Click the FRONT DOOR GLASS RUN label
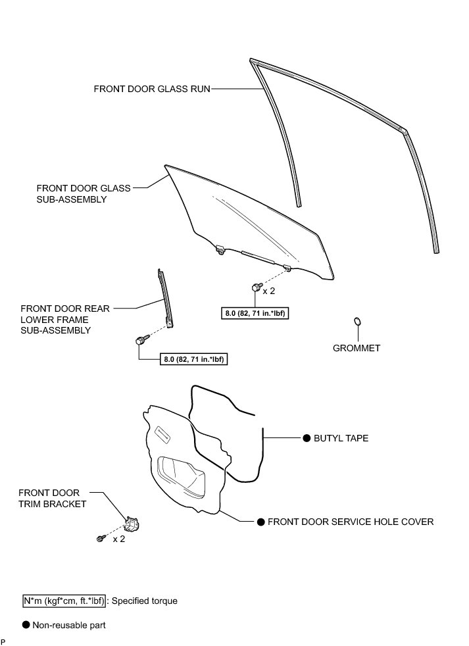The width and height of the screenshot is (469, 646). pyautogui.click(x=152, y=88)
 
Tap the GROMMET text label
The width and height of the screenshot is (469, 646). pyautogui.click(x=357, y=348)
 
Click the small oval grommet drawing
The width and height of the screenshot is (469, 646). pyautogui.click(x=357, y=321)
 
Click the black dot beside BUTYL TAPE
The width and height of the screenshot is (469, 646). pyautogui.click(x=307, y=437)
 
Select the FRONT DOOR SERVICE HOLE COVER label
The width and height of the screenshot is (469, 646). pyautogui.click(x=350, y=522)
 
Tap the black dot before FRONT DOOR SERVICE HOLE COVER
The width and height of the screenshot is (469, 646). pyautogui.click(x=260, y=522)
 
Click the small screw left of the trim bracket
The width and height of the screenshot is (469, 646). pyautogui.click(x=100, y=539)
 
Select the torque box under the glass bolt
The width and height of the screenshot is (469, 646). pyautogui.click(x=256, y=314)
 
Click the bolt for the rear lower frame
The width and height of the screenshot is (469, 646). pyautogui.click(x=140, y=340)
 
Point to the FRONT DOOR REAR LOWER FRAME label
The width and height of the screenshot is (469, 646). pyautogui.click(x=65, y=319)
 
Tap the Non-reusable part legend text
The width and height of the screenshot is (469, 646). pyautogui.click(x=69, y=625)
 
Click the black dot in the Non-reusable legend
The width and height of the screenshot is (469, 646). pyautogui.click(x=26, y=625)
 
